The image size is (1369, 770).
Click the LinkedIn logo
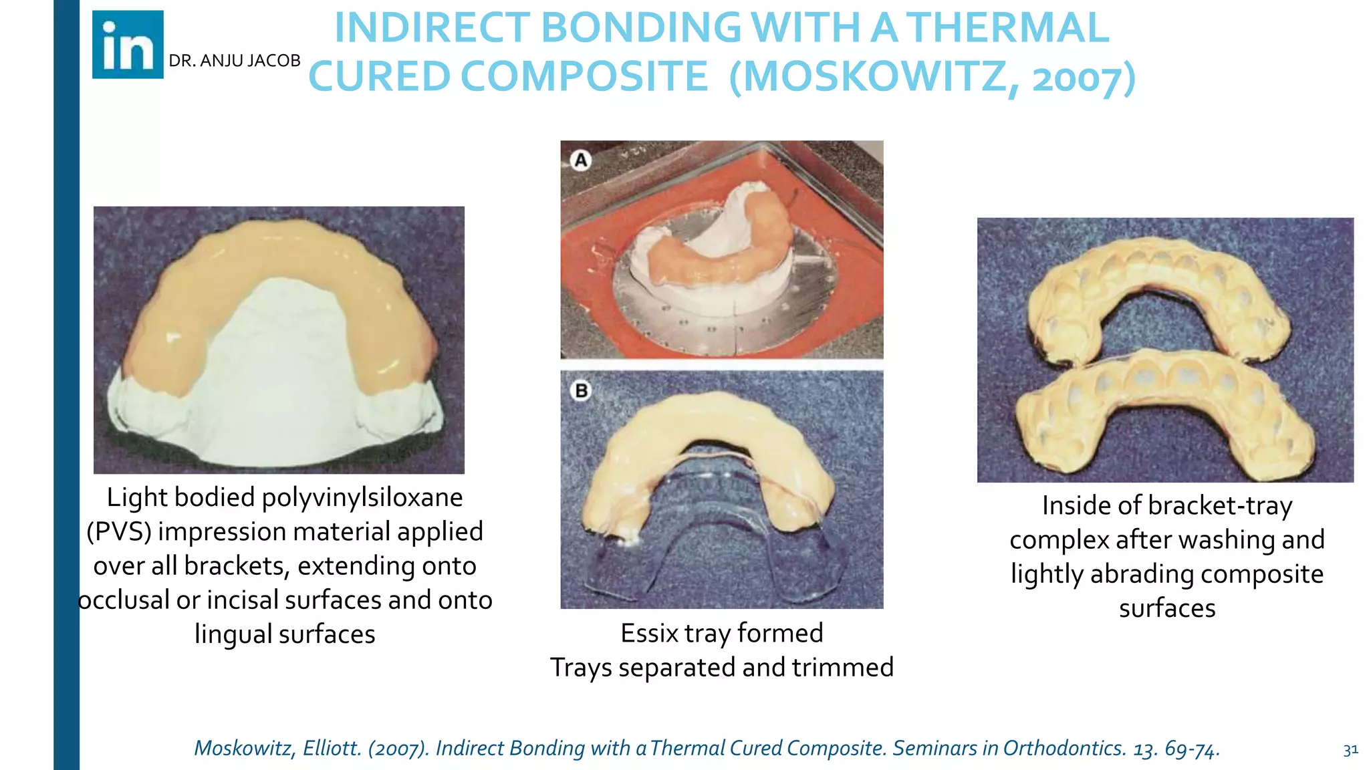pyautogui.click(x=128, y=45)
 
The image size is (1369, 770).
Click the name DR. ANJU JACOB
pyautogui.click(x=234, y=61)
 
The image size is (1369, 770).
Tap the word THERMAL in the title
pyautogui.click(x=1007, y=28)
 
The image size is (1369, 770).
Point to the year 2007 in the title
pyautogui.click(x=1077, y=78)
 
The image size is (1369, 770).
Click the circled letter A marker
pyautogui.click(x=581, y=160)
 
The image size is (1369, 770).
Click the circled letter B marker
pyautogui.click(x=581, y=390)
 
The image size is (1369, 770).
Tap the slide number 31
pyautogui.click(x=1350, y=750)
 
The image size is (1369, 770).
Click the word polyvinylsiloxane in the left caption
pyautogui.click(x=362, y=497)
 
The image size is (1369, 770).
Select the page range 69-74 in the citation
pyautogui.click(x=1192, y=749)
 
